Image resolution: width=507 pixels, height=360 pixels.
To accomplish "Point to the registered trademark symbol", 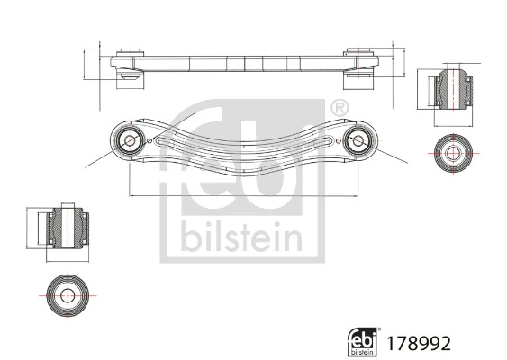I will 340,108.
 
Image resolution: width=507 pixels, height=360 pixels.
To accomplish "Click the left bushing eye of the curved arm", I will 128,140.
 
